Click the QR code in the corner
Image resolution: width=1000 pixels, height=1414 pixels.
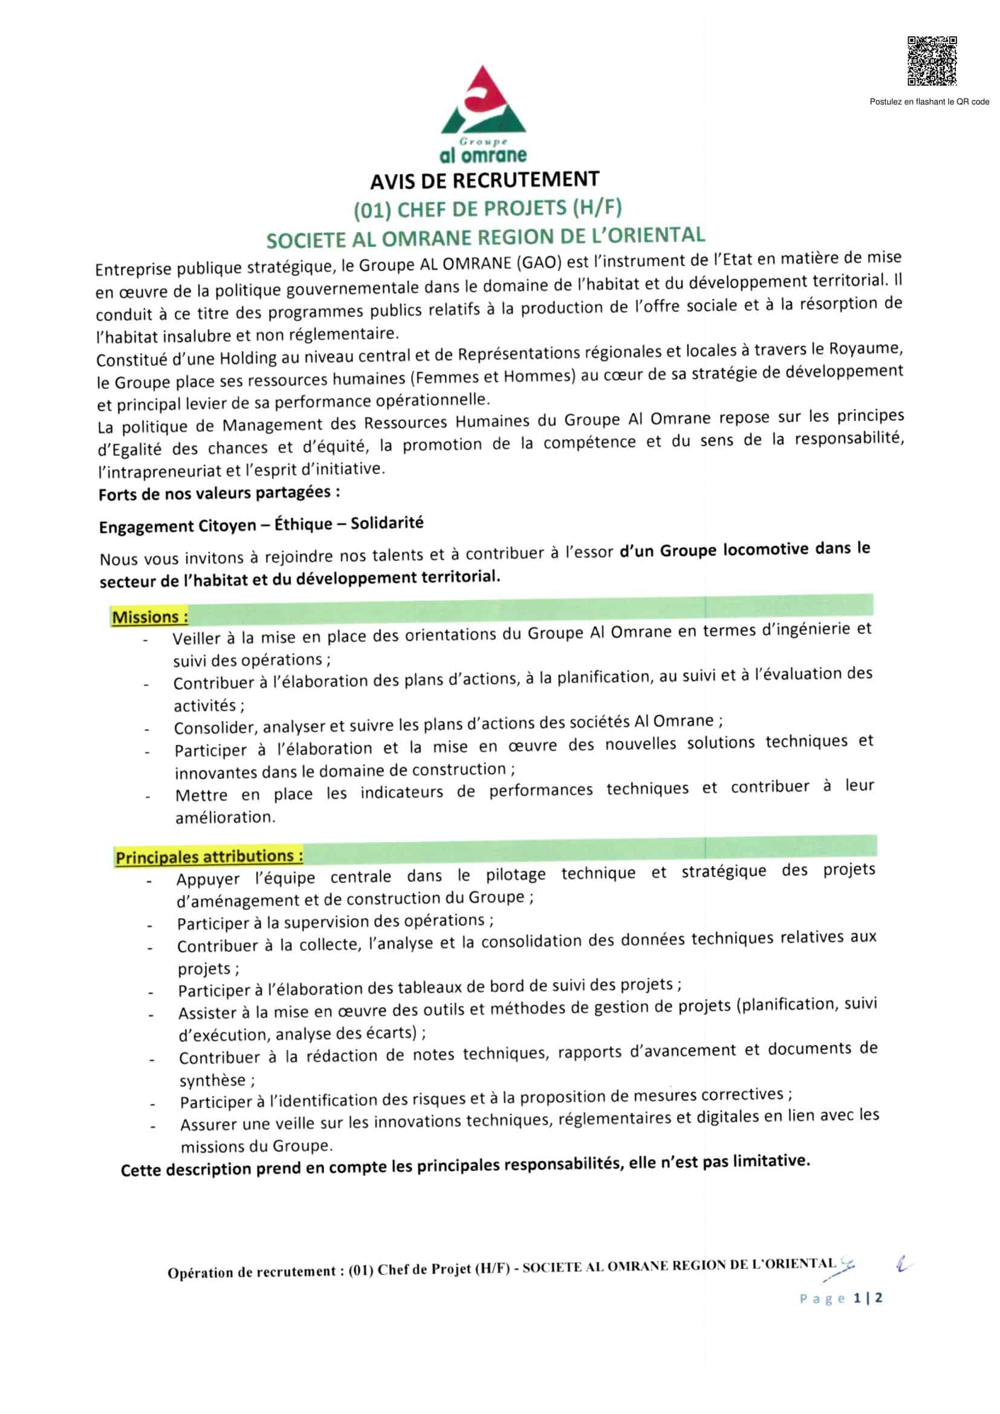[932, 61]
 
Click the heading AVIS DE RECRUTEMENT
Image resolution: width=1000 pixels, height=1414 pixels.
[484, 180]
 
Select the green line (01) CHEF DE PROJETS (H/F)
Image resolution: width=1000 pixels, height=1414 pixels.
[487, 209]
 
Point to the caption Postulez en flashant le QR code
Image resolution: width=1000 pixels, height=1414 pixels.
[929, 102]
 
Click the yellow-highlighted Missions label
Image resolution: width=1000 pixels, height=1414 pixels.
[149, 616]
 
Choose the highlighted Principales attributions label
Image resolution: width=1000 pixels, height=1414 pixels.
[209, 856]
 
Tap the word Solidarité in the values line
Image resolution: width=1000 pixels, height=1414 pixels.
[387, 524]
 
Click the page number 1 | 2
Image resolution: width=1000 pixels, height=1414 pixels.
[868, 1298]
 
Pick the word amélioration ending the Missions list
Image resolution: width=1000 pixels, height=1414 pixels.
[225, 817]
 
